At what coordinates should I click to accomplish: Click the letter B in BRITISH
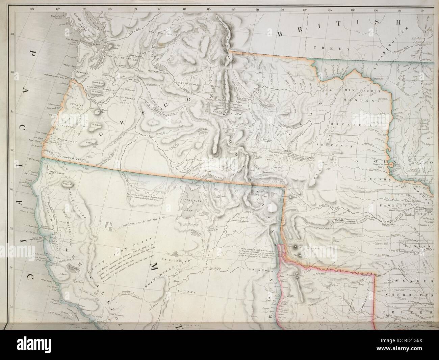281,33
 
